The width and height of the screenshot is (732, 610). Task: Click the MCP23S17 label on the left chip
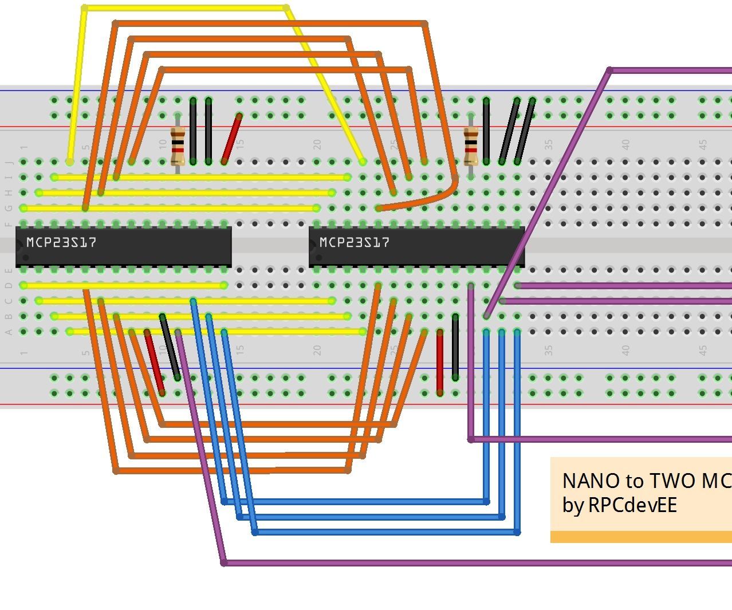61,242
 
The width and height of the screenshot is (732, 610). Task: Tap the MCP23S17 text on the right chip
355,242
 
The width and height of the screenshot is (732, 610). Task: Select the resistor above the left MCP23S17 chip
178,147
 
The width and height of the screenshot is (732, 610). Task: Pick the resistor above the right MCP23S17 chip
471,147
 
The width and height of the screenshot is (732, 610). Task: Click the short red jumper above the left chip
231,139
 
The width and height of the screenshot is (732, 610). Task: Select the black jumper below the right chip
455,347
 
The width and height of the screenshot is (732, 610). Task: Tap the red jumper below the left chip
154,362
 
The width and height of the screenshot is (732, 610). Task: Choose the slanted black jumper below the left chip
170,347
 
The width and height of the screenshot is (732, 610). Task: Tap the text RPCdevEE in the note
632,505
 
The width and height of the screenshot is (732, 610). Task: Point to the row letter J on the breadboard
9,163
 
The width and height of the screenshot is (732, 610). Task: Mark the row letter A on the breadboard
9,332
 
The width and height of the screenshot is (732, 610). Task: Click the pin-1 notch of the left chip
19,247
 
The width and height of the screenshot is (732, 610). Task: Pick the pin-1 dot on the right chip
318,257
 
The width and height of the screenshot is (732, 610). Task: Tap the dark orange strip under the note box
640,537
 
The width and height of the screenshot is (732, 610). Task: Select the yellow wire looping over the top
183,8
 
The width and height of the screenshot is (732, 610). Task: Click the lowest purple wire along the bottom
458,563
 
